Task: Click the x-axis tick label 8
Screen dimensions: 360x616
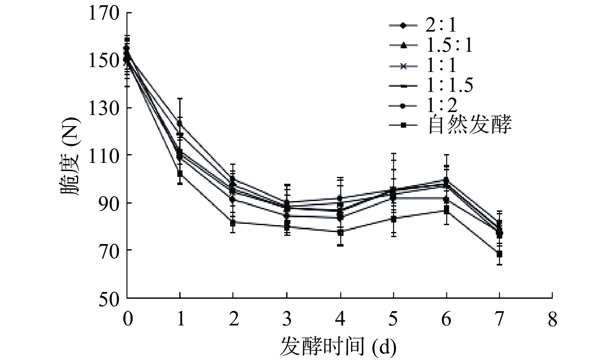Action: tap(552, 320)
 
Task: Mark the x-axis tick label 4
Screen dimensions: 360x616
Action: tap(340, 320)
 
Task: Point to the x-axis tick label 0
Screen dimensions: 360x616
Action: tap(127, 320)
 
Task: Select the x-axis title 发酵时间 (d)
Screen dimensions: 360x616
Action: tap(338, 347)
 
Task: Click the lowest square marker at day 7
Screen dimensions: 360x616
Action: tap(499, 254)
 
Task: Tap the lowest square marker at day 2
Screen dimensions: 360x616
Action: tap(233, 223)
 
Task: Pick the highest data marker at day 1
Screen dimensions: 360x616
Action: tap(180, 123)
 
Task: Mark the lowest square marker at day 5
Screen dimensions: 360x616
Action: tap(393, 219)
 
